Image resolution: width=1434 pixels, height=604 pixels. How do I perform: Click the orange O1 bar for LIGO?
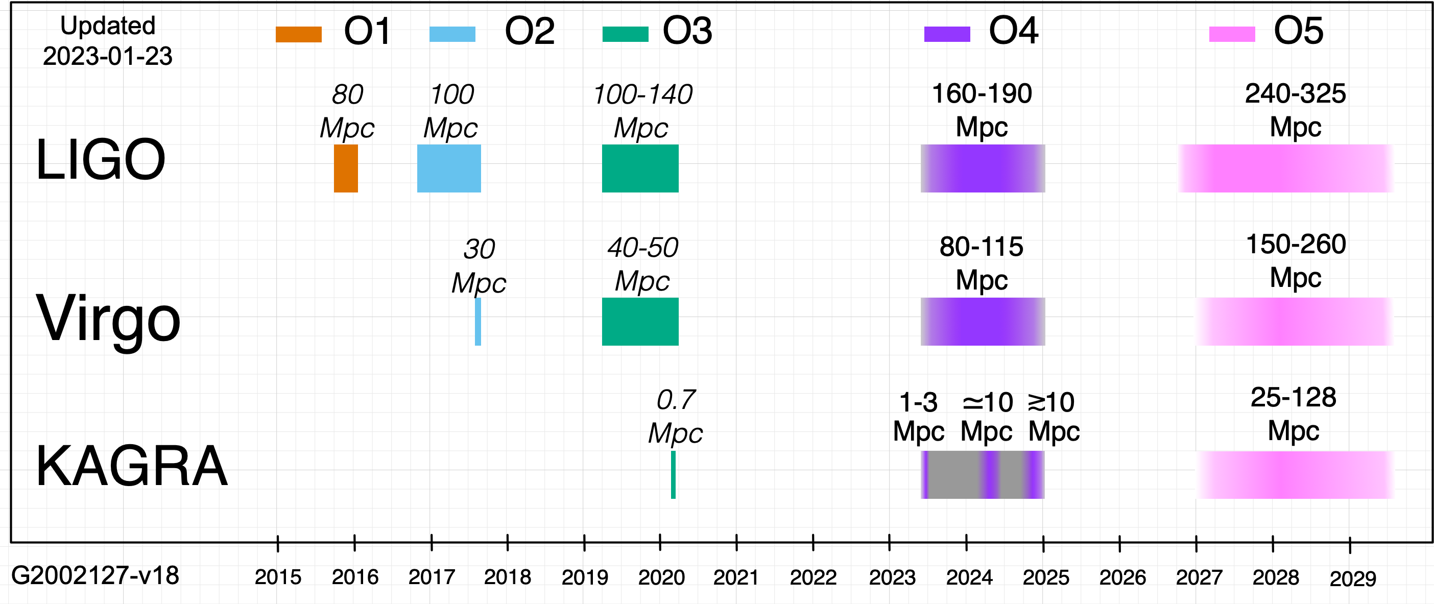tap(346, 168)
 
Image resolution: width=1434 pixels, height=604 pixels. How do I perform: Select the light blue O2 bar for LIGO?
tap(449, 168)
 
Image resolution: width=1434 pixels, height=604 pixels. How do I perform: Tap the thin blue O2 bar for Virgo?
tap(477, 321)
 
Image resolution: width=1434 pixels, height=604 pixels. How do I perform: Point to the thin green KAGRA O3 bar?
tap(673, 474)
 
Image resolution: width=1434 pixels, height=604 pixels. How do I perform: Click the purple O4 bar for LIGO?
tap(983, 168)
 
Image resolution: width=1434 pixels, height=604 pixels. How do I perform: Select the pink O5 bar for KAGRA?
tap(1294, 474)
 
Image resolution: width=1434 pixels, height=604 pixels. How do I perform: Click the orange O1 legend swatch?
tap(298, 35)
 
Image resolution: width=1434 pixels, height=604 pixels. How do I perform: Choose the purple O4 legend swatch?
tap(946, 35)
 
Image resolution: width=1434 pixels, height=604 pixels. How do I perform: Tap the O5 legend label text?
tap(1298, 31)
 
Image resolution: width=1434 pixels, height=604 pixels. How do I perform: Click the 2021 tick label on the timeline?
tap(736, 577)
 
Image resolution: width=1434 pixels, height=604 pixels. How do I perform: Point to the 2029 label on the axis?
tap(1353, 578)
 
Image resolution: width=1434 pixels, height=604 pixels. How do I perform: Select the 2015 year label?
tap(278, 577)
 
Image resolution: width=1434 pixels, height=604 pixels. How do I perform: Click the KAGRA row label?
tap(131, 466)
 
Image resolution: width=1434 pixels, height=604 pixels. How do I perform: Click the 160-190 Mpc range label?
tap(982, 110)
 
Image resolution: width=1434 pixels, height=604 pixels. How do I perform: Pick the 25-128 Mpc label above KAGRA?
tap(1293, 414)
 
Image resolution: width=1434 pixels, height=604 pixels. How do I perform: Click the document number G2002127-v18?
tap(95, 575)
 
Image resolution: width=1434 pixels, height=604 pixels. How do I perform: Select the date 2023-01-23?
tap(107, 56)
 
